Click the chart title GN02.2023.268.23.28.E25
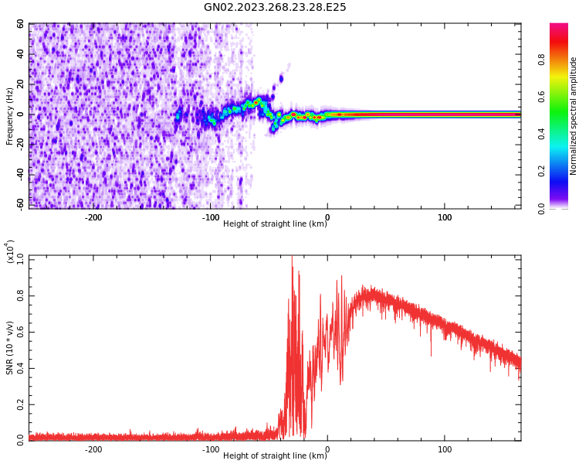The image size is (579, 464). point(275,8)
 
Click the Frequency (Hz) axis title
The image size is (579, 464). point(10,116)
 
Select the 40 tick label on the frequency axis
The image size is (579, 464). point(20,54)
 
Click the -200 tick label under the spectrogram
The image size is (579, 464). point(93,217)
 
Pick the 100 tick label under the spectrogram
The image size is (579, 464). point(445,217)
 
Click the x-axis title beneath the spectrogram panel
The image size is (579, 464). point(275,224)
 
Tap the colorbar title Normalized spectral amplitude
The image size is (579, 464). point(574,116)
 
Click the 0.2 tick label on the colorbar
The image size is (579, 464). point(563,171)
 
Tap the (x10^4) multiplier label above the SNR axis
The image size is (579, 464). point(11,251)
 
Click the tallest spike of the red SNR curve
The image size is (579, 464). point(292,258)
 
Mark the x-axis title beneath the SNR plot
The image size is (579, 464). point(275,456)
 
